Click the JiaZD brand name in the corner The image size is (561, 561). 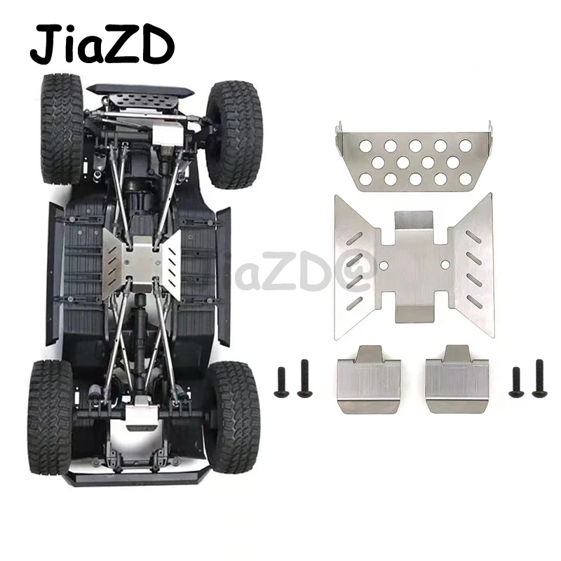(101, 43)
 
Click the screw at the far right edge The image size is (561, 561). (539, 378)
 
